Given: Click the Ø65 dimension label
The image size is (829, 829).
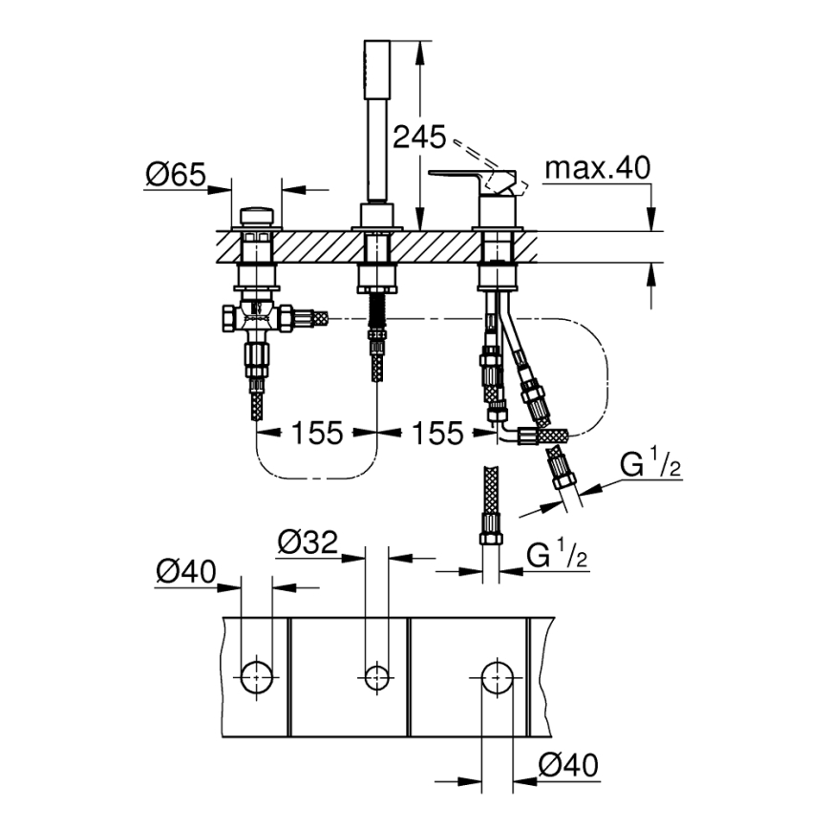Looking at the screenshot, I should pyautogui.click(x=176, y=176).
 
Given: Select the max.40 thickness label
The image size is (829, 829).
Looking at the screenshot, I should pyautogui.click(x=597, y=169).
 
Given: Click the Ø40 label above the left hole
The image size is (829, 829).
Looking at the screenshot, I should pyautogui.click(x=186, y=573).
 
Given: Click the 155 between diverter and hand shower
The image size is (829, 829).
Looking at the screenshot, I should pyautogui.click(x=317, y=433).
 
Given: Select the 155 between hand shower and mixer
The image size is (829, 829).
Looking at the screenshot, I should pyautogui.click(x=436, y=433).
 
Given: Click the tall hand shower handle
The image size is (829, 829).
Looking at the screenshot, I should pyautogui.click(x=375, y=119).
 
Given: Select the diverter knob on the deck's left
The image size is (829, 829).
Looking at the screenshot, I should pyautogui.click(x=256, y=216).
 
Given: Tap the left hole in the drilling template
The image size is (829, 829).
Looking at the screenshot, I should pyautogui.click(x=256, y=676).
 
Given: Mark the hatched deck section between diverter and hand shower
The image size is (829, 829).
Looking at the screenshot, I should pyautogui.click(x=315, y=245).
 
